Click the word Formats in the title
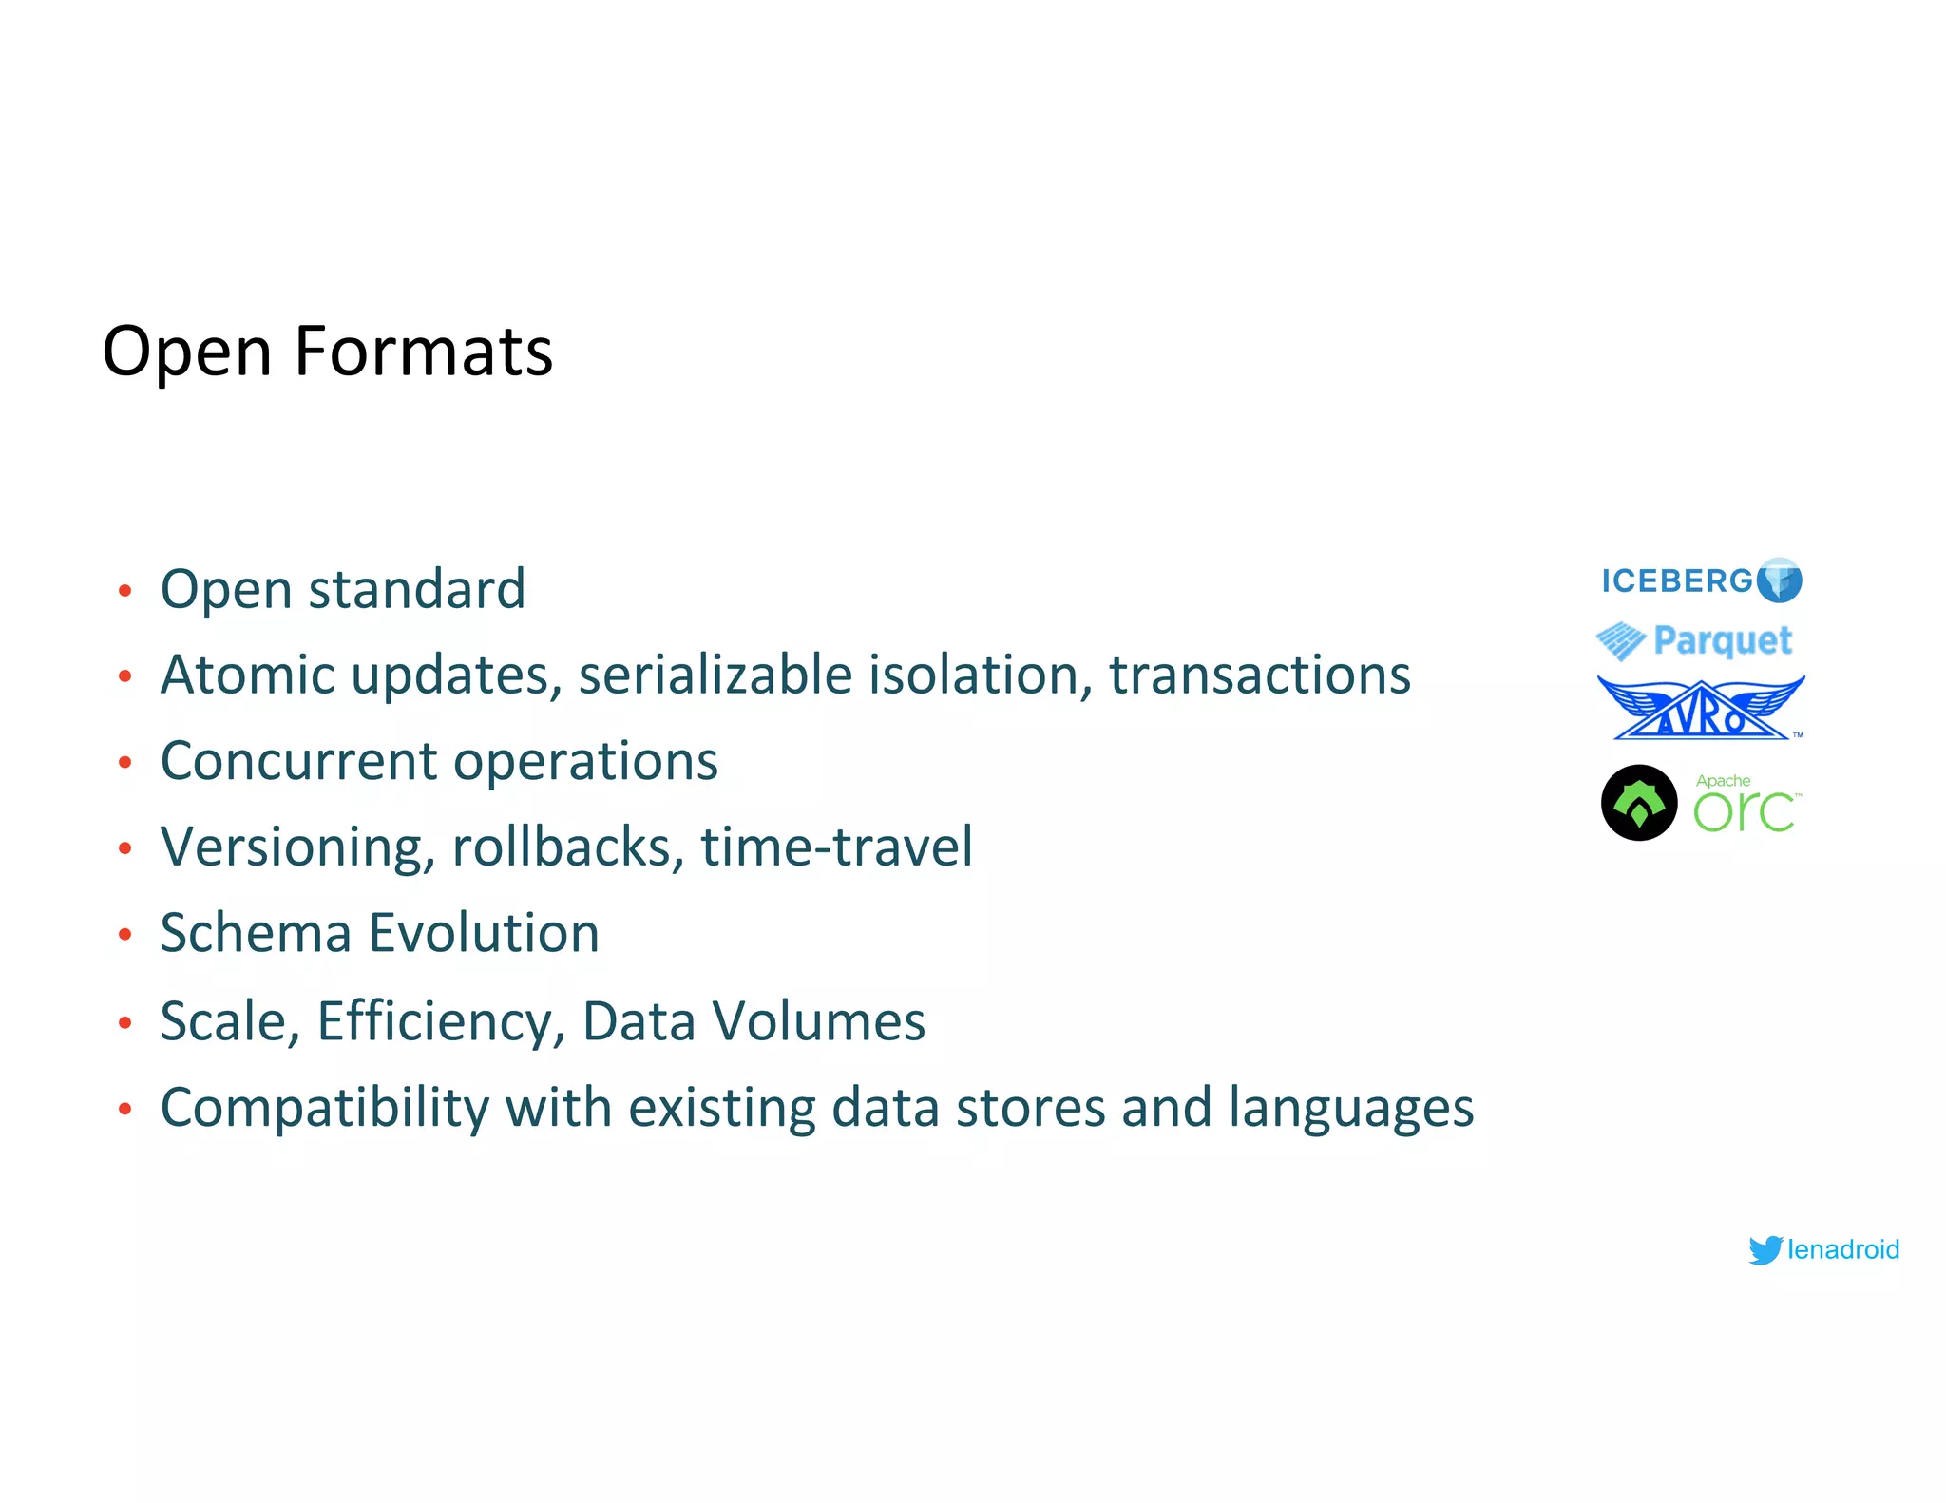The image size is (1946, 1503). [423, 352]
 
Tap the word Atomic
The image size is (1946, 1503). [247, 675]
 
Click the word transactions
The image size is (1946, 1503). [1259, 675]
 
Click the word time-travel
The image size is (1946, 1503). [836, 847]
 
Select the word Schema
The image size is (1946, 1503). [256, 933]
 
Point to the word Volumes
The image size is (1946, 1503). [818, 1021]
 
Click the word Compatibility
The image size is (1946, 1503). [324, 1109]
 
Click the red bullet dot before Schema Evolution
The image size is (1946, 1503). [124, 935]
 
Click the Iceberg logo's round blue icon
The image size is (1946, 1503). [1779, 580]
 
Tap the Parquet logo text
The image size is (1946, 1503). [1722, 640]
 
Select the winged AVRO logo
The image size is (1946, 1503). [1700, 709]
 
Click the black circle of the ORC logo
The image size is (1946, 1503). [1639, 803]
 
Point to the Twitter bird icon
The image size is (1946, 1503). [1765, 1249]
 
